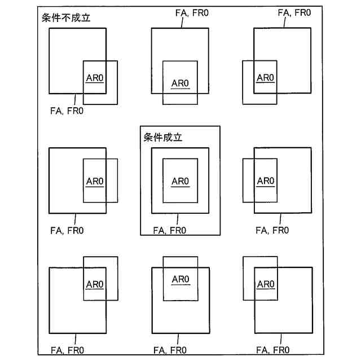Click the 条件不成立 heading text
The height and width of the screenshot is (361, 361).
pyautogui.click(x=67, y=18)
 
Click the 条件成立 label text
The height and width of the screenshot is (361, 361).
pyautogui.click(x=163, y=137)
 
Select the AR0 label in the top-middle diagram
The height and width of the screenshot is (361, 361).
pyautogui.click(x=180, y=83)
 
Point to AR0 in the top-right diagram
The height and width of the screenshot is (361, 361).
pyautogui.click(x=265, y=78)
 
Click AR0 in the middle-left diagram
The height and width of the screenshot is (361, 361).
pyautogui.click(x=95, y=181)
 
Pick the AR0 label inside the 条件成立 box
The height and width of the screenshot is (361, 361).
pyautogui.click(x=180, y=181)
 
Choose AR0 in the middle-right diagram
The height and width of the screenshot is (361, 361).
pyautogui.click(x=265, y=181)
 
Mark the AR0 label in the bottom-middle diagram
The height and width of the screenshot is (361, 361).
pyautogui.click(x=180, y=279)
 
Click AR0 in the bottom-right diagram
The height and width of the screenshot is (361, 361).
pyautogui.click(x=265, y=284)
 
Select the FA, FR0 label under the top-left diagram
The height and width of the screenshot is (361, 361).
pyautogui.click(x=67, y=111)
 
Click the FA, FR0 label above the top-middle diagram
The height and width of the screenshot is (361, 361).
pyautogui.click(x=192, y=12)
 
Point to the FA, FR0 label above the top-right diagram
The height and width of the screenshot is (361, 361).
pyautogui.click(x=294, y=12)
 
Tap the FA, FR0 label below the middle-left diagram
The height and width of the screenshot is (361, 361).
pyautogui.click(x=67, y=230)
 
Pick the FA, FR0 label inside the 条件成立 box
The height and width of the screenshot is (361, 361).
pyautogui.click(x=170, y=230)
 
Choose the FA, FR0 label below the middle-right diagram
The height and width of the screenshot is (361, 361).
pyautogui.click(x=272, y=230)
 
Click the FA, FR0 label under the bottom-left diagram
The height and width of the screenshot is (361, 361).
pyautogui.click(x=67, y=350)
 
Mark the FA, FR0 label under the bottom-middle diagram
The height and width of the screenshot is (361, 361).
pyautogui.click(x=170, y=350)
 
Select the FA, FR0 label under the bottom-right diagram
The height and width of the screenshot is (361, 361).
pyautogui.click(x=272, y=350)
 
